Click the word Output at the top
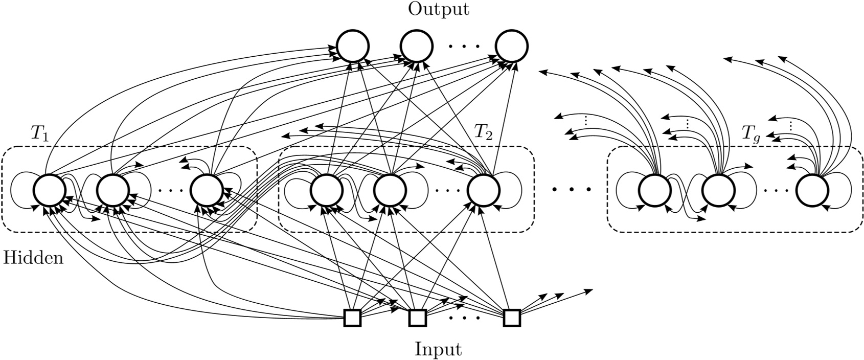click(438, 10)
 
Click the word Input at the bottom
click(438, 350)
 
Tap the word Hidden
click(33, 258)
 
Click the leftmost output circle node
click(352, 46)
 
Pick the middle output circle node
click(416, 46)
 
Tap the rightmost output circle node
click(511, 46)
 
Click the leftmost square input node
click(352, 318)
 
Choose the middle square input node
click(417, 318)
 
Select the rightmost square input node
click(512, 318)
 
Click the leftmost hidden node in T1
click(50, 190)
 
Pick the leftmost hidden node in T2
click(326, 190)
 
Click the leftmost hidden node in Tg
click(655, 190)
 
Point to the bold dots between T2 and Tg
click(572, 190)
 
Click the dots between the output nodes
click(464, 46)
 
